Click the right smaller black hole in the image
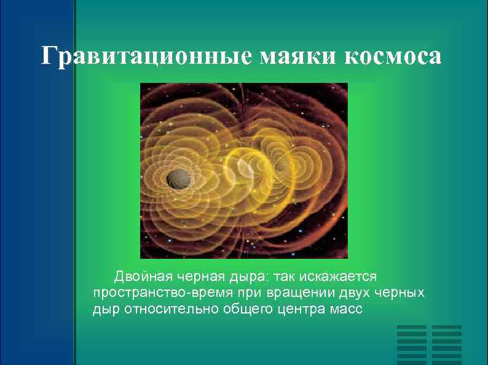(282, 166)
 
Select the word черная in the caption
(197, 276)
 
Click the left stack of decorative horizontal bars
(412, 344)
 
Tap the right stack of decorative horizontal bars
(446, 344)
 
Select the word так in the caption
(283, 276)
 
